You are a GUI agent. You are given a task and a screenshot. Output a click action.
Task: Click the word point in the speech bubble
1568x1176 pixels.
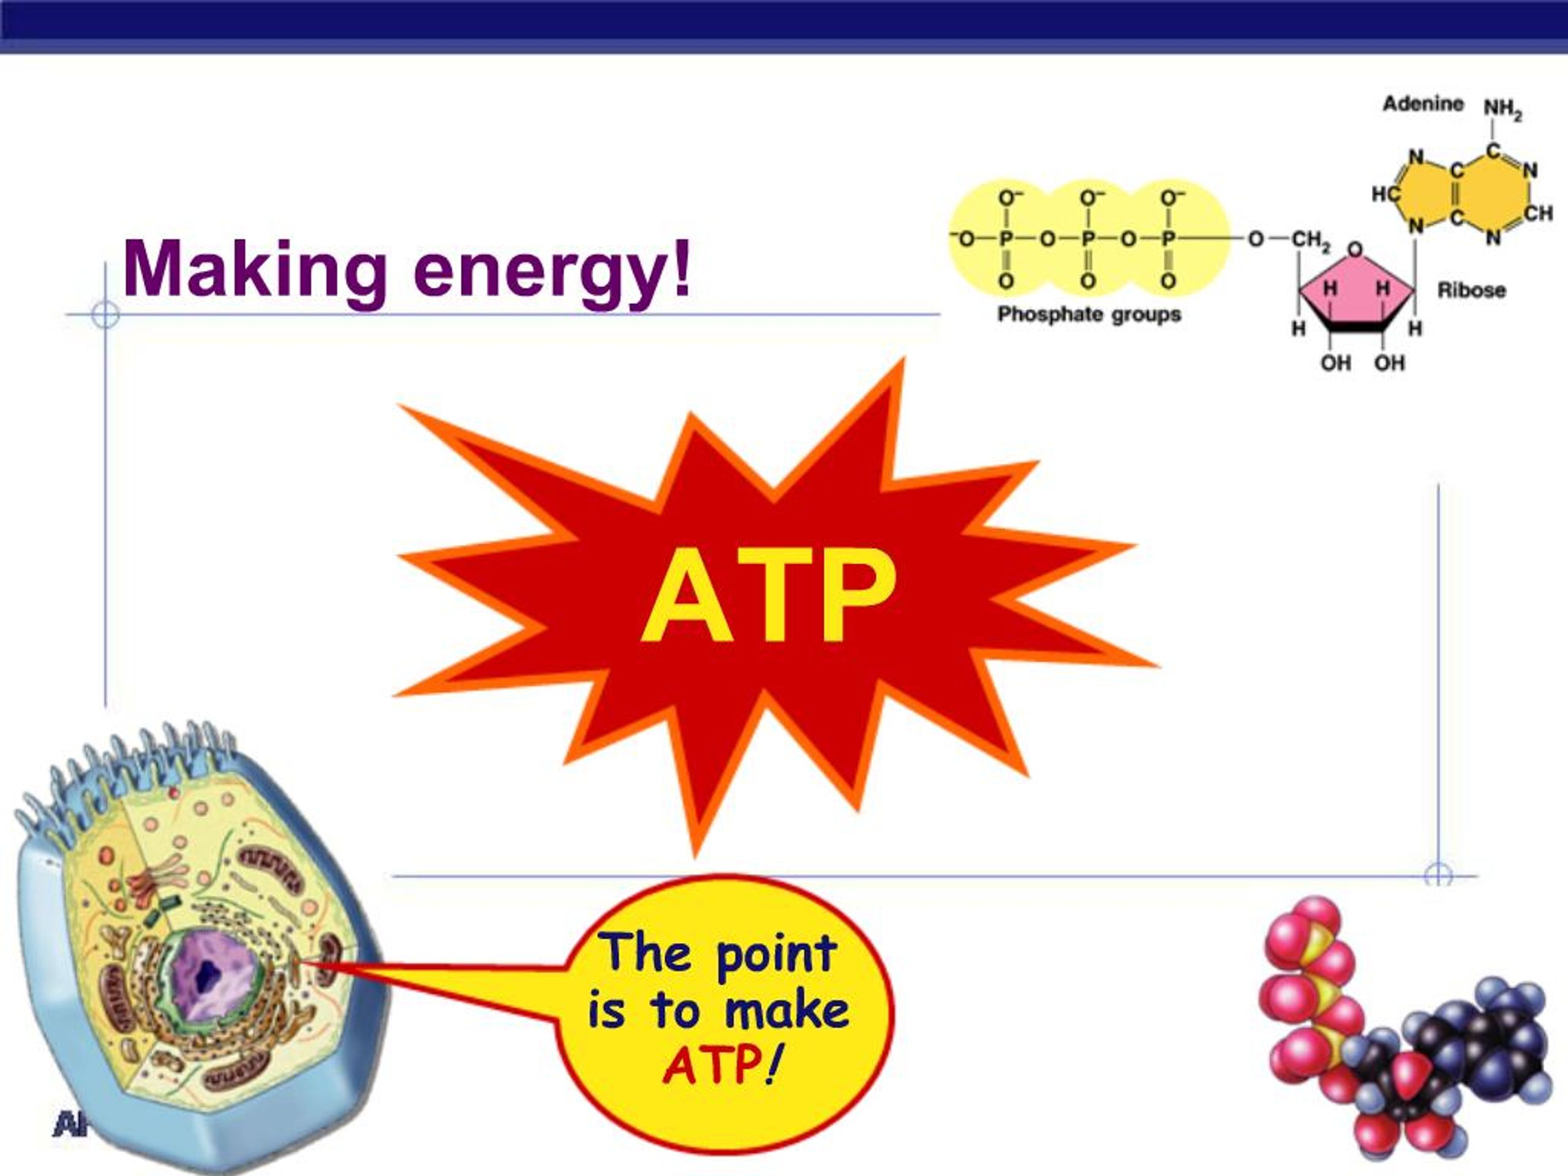[777, 954]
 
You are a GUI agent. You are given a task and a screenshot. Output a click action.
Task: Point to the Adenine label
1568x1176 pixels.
[1423, 104]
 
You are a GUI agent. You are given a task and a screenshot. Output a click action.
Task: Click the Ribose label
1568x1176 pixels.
[1471, 290]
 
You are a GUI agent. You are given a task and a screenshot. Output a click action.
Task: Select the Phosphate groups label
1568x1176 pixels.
[1089, 314]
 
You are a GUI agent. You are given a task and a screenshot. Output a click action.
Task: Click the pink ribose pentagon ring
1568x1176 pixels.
[1356, 292]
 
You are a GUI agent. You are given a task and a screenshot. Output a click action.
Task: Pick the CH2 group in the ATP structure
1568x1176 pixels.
[1311, 239]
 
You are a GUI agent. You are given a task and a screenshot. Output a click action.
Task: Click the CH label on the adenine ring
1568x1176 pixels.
[1537, 213]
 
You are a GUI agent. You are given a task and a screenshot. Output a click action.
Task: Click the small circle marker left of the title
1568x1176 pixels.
[105, 314]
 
